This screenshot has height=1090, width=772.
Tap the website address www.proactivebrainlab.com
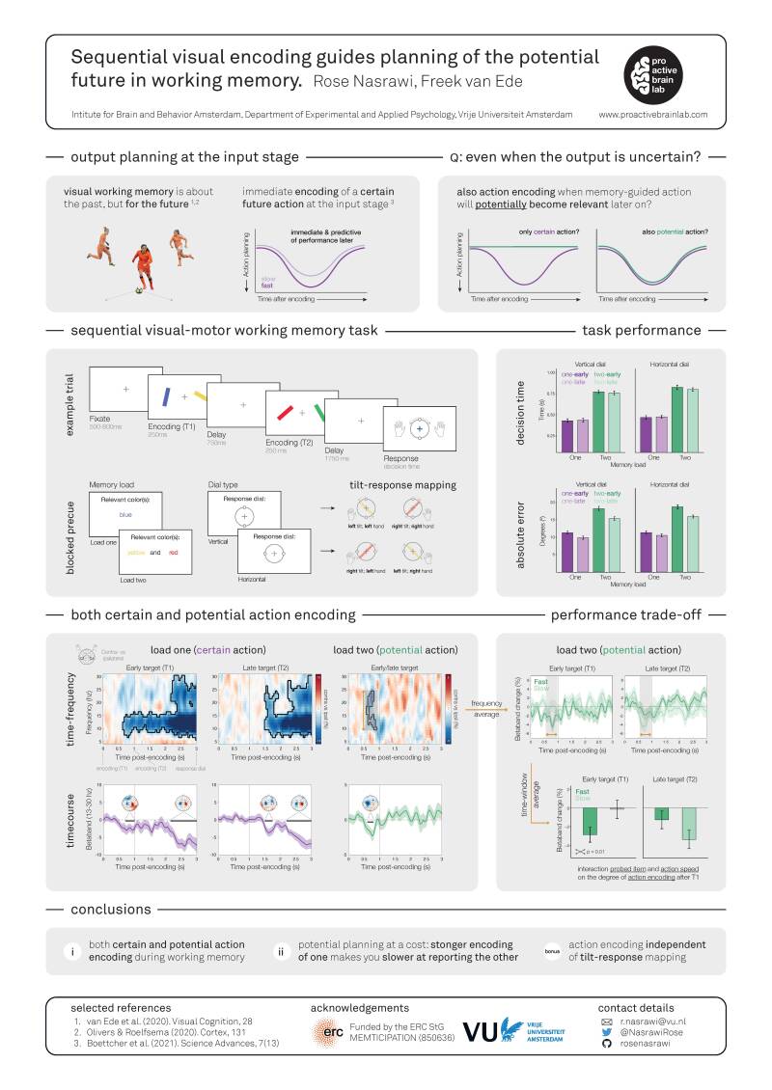(x=653, y=114)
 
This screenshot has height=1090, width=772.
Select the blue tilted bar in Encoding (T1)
(x=167, y=395)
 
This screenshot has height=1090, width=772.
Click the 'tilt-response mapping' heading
(x=399, y=485)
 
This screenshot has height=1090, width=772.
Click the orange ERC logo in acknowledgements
(x=328, y=1032)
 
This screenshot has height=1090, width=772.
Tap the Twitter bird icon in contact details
(x=606, y=1031)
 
